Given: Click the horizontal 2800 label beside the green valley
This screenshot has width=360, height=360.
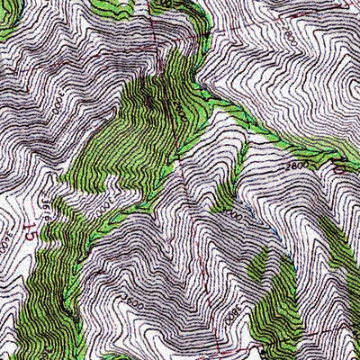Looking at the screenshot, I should click(x=298, y=166).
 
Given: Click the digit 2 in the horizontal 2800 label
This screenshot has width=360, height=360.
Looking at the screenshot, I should click(x=291, y=166).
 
